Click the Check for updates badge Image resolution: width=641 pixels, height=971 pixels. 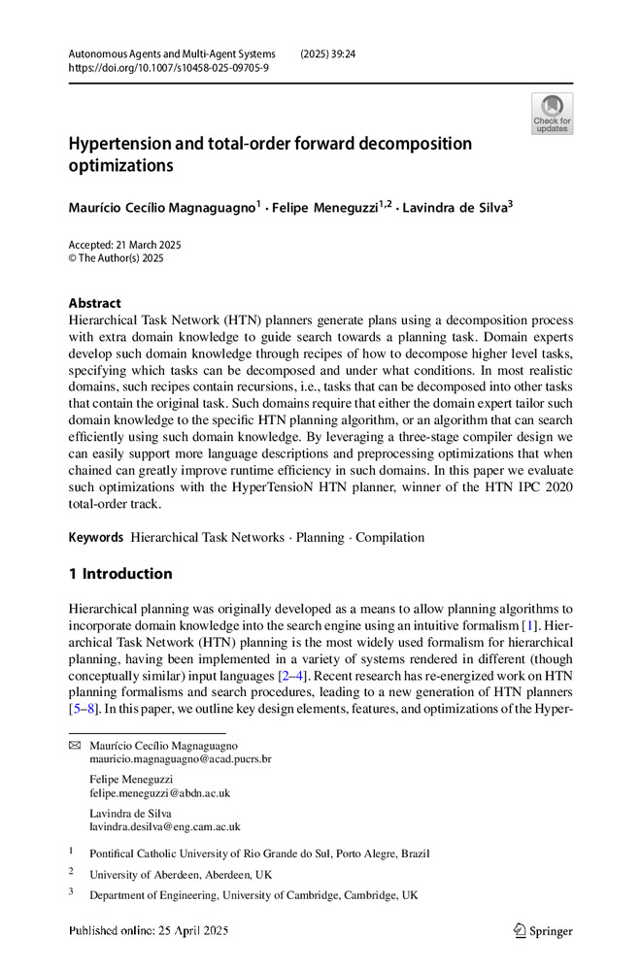click(553, 114)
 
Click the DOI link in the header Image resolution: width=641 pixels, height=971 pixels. click(169, 68)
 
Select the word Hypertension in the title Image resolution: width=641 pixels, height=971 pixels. click(129, 144)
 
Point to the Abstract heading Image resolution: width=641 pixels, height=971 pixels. click(94, 303)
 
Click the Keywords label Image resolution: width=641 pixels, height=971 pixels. click(95, 537)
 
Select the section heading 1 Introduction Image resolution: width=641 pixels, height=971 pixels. click(120, 573)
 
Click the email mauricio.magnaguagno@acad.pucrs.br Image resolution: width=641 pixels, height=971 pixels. click(181, 758)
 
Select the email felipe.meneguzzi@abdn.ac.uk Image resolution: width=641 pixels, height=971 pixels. click(159, 793)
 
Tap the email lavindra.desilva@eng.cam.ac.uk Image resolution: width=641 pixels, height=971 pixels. click(164, 827)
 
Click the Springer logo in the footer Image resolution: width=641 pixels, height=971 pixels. click(543, 930)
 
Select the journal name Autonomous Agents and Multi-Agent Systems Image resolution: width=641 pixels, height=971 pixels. click(172, 53)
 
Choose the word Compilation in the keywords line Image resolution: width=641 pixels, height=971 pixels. click(390, 537)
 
